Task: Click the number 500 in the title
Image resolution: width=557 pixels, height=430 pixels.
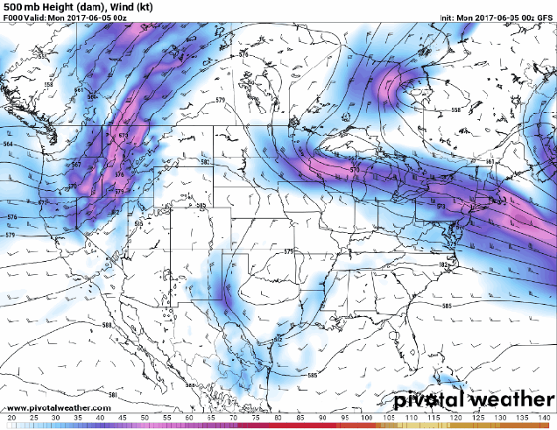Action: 11,6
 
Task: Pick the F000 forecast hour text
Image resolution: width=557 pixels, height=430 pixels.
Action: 13,18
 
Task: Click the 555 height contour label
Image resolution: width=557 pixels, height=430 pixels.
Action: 40,56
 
